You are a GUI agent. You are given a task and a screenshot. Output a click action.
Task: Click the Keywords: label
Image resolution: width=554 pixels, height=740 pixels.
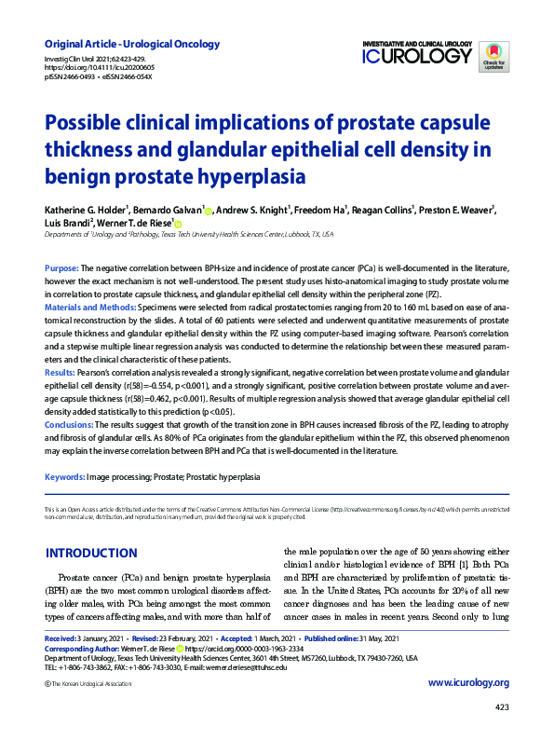coord(64,476)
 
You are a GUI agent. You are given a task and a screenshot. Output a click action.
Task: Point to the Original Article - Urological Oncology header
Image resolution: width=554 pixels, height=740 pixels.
coord(132,44)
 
